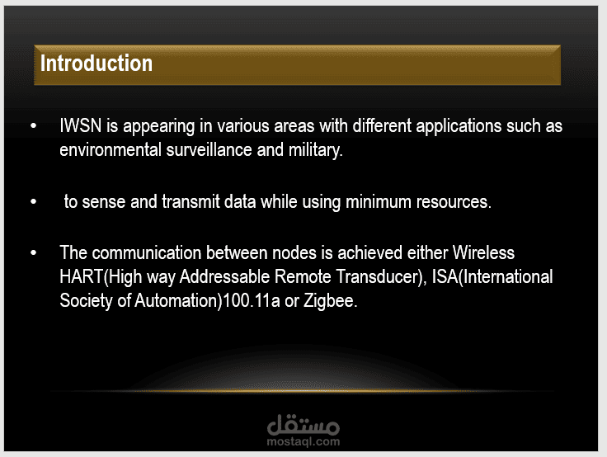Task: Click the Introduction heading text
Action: coord(96,64)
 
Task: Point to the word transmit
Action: coord(191,202)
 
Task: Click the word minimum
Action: coord(379,202)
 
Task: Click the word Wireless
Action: coord(483,252)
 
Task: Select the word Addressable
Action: coord(224,276)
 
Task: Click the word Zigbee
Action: coord(330,301)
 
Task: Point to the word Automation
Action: coord(177,300)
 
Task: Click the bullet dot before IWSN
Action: coord(34,125)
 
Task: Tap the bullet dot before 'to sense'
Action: coord(34,201)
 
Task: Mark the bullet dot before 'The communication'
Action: coord(34,252)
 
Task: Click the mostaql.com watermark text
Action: coord(303,441)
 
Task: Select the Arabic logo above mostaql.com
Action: coord(303,425)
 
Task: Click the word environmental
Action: coord(111,150)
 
